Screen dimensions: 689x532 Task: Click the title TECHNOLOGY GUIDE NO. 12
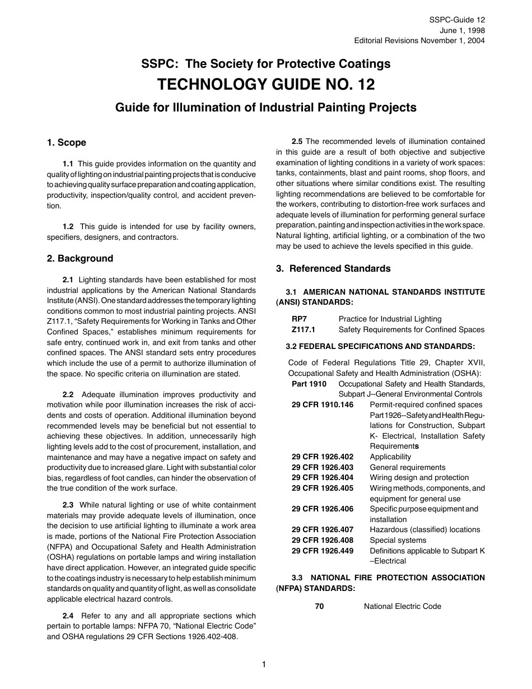266,85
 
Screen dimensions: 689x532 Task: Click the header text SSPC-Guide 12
457,19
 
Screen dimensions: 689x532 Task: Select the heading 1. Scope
67,143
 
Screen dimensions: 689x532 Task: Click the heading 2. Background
80,258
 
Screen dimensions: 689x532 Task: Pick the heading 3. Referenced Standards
333,268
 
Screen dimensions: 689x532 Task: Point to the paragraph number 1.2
68,226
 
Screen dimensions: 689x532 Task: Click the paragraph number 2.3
68,505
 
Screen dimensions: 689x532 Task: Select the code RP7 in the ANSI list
299,319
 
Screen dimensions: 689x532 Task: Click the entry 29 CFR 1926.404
323,477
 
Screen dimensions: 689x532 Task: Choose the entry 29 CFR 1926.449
323,551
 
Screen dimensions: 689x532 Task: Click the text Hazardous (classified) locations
425,529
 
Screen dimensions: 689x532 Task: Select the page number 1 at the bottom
264,664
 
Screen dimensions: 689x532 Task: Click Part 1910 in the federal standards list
309,384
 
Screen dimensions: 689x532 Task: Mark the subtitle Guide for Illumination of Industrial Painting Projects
266,107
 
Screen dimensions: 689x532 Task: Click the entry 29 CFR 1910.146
323,404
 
